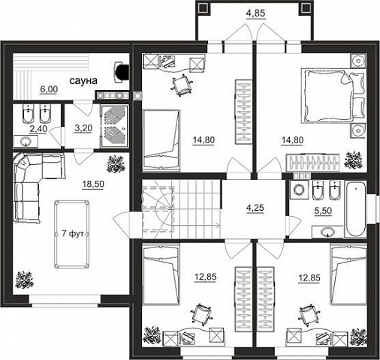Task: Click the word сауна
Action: click(x=83, y=81)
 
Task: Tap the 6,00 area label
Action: click(x=49, y=89)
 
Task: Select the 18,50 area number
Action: click(x=93, y=184)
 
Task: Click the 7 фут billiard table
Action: click(x=72, y=234)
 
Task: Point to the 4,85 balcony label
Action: click(x=255, y=13)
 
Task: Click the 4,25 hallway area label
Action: click(x=255, y=208)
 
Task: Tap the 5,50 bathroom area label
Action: click(x=323, y=211)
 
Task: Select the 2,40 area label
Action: click(x=38, y=129)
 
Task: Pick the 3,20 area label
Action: click(x=83, y=128)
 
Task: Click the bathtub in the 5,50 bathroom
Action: click(x=355, y=208)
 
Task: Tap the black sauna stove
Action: click(x=122, y=72)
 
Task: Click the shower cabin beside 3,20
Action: click(x=115, y=126)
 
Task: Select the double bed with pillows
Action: click(x=333, y=95)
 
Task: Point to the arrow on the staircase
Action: click(x=196, y=226)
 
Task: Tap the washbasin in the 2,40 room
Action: click(x=26, y=142)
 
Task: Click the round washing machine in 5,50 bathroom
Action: click(x=299, y=190)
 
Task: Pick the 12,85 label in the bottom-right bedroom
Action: click(x=309, y=277)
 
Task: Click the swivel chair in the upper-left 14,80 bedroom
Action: click(x=181, y=85)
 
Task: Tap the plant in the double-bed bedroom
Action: click(x=353, y=160)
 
